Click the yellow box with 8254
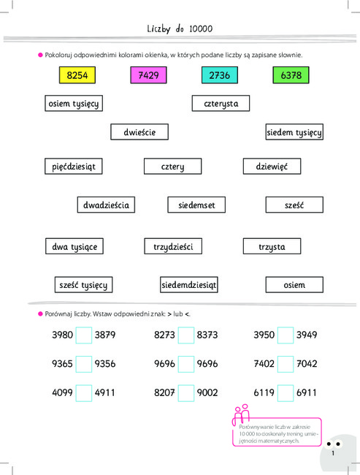pyautogui.click(x=77, y=75)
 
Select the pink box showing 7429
pyautogui.click(x=148, y=75)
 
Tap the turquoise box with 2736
pyautogui.click(x=220, y=75)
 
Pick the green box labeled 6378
pyautogui.click(x=291, y=75)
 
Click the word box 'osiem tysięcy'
pyautogui.click(x=74, y=103)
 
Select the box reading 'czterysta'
pyautogui.click(x=221, y=103)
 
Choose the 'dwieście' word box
pyautogui.click(x=139, y=132)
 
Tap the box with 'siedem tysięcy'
pyautogui.click(x=294, y=132)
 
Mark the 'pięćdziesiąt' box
pyautogui.click(x=74, y=167)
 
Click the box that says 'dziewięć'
pyautogui.click(x=272, y=167)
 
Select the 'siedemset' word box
pyautogui.click(x=196, y=205)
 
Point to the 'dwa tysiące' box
pyautogui.click(x=74, y=246)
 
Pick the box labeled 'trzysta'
pyautogui.click(x=272, y=246)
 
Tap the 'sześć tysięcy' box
pyautogui.click(x=83, y=285)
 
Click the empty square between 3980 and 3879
pyautogui.click(x=83, y=335)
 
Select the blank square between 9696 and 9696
pyautogui.click(x=186, y=364)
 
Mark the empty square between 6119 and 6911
pyautogui.click(x=286, y=393)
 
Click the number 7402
pyautogui.click(x=264, y=363)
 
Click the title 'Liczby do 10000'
pyautogui.click(x=180, y=28)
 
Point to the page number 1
pyautogui.click(x=333, y=453)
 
